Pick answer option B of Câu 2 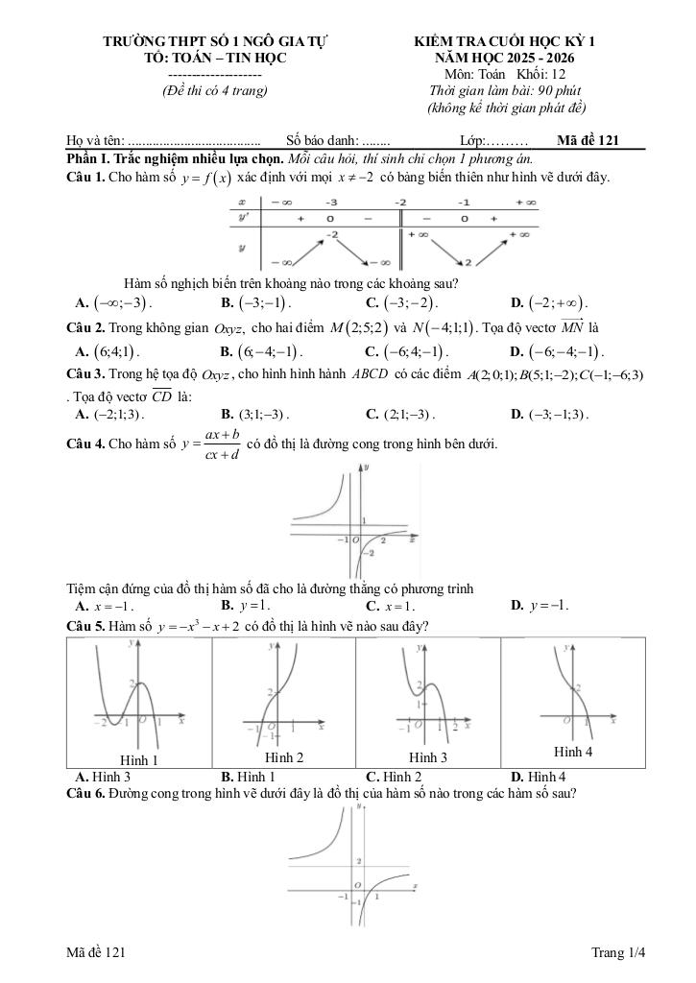(261, 351)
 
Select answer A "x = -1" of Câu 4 (105, 607)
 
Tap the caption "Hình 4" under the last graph (573, 752)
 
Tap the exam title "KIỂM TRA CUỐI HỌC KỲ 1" (505, 41)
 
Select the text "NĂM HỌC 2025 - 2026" (505, 58)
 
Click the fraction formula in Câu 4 (213, 444)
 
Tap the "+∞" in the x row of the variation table (526, 203)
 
